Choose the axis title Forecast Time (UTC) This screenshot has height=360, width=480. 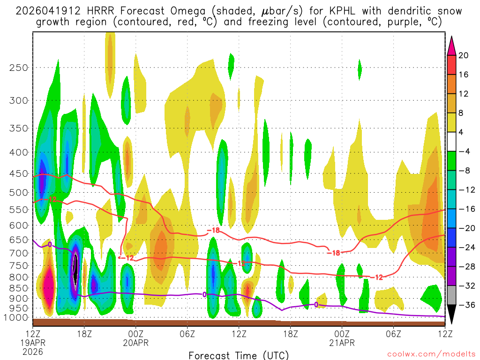(x=239, y=355)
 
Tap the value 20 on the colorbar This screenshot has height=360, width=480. (x=464, y=55)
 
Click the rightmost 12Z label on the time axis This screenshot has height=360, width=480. (x=444, y=334)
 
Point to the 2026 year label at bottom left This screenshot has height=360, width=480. (x=33, y=352)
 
